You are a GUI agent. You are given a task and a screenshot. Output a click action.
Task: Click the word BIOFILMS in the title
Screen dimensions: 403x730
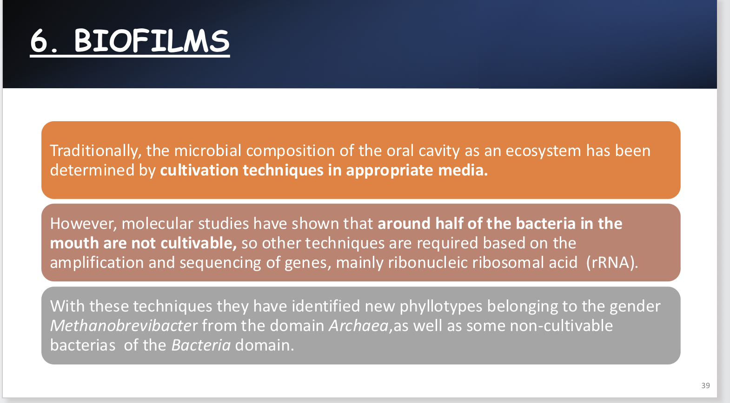[x=152, y=41]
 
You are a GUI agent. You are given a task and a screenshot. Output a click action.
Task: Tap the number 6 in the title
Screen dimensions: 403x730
[x=40, y=41]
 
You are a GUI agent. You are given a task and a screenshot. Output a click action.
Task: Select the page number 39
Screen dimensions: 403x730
[x=705, y=385]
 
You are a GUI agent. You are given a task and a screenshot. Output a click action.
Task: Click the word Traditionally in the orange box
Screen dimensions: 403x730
[x=94, y=151]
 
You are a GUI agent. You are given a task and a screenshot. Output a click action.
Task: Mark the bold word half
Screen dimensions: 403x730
[x=449, y=224]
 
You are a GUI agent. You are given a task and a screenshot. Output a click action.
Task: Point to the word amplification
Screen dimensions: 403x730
[x=97, y=263]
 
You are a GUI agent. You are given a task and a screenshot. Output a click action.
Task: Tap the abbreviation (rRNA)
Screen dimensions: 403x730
[x=611, y=263]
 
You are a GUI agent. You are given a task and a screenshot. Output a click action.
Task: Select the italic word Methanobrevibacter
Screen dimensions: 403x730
[x=124, y=326]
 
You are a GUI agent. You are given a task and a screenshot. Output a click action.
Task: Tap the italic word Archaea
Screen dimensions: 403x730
[x=358, y=326]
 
